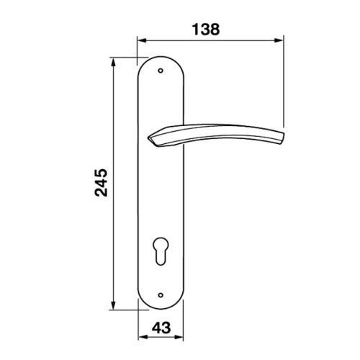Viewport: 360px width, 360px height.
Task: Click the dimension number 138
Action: click(x=206, y=30)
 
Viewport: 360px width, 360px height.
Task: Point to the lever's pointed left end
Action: click(x=149, y=136)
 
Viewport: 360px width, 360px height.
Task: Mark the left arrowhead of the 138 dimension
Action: click(x=140, y=41)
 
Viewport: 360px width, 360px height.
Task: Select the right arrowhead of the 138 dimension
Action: click(x=281, y=41)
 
